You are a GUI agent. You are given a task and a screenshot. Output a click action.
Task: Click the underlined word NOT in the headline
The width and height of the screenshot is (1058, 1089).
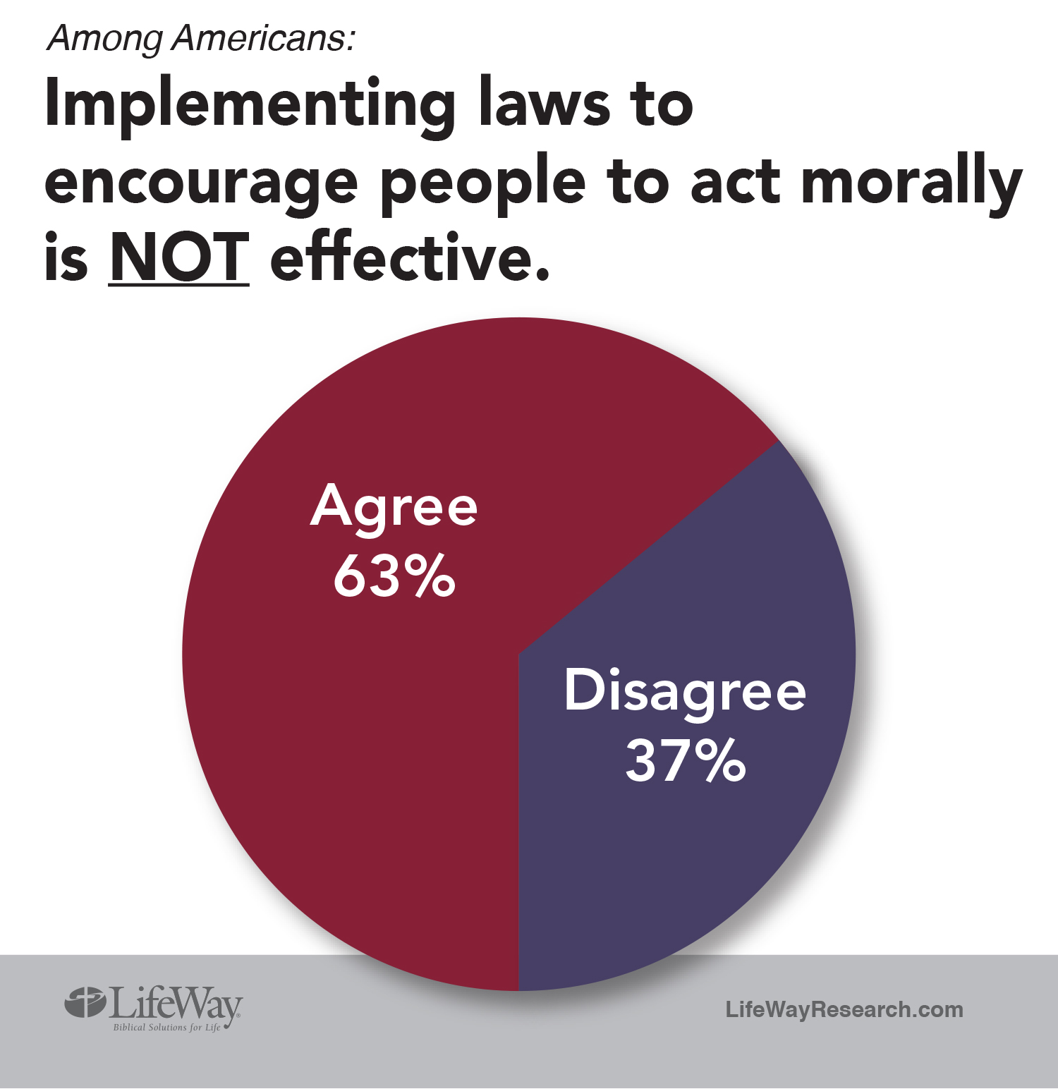click(179, 258)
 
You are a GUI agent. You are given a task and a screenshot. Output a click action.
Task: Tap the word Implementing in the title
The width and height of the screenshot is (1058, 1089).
click(250, 106)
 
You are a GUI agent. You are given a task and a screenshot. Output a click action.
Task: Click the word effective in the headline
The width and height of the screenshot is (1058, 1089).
click(410, 258)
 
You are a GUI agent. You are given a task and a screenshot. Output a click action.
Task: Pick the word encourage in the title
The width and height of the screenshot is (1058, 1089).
click(201, 185)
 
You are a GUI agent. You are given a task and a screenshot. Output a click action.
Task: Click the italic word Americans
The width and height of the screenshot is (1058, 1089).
click(263, 38)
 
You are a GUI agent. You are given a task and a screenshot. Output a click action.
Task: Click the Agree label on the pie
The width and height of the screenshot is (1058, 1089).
click(394, 506)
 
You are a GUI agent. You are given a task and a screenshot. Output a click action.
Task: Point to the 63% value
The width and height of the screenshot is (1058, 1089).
click(394, 576)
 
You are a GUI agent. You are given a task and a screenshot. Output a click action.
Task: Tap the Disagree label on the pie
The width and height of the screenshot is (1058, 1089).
click(684, 691)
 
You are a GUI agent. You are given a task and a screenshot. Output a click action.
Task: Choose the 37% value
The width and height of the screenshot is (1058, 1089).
click(684, 760)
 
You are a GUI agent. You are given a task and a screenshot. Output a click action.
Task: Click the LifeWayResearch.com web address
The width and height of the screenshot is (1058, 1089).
click(844, 1009)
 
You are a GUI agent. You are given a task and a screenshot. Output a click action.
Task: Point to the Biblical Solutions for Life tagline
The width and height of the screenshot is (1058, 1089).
click(166, 1028)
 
